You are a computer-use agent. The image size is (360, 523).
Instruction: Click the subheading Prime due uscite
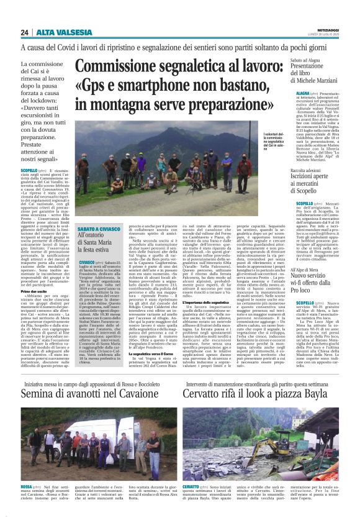52,308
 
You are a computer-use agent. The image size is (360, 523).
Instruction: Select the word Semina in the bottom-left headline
40,412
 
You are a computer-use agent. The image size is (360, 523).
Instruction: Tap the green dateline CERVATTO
192,486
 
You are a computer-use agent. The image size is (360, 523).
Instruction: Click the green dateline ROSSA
27,486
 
